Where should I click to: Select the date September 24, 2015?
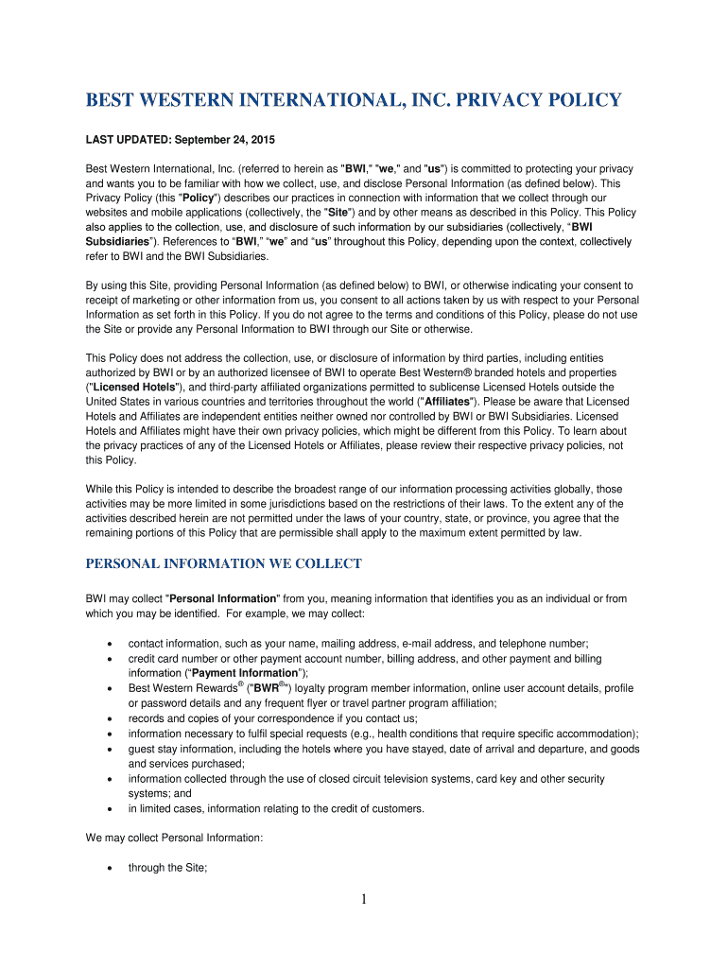tap(227, 140)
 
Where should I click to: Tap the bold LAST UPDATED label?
tap(128, 140)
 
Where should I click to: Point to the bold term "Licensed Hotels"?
tap(132, 387)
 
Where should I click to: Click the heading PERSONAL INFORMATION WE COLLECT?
tap(224, 564)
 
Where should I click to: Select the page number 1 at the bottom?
tap(364, 899)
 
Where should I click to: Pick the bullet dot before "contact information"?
tap(112, 643)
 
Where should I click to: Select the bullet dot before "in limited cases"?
tap(112, 809)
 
